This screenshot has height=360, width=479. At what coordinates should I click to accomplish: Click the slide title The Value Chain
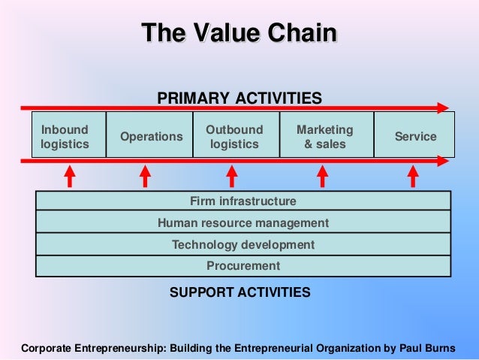pos(239,33)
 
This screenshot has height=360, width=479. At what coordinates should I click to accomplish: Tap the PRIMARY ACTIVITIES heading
pos(239,98)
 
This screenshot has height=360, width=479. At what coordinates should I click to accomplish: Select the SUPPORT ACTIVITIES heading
pos(239,292)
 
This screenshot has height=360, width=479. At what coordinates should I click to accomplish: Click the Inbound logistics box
pos(65,136)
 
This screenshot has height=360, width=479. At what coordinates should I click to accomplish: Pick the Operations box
pos(151,136)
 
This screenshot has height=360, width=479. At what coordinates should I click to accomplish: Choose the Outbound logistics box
pos(235,136)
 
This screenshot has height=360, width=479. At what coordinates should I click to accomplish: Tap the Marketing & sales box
pos(325,136)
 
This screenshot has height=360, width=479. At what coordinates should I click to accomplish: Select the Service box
pos(415,136)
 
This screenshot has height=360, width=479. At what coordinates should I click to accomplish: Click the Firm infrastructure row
pos(243,201)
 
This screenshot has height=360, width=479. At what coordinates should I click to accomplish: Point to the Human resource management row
pos(243,223)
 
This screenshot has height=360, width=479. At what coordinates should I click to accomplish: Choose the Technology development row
pos(243,244)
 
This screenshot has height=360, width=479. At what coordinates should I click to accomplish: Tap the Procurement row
pos(243,265)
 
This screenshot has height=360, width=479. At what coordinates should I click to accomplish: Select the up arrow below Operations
pos(145,176)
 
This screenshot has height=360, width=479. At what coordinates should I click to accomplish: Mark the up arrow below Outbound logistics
pos(232,176)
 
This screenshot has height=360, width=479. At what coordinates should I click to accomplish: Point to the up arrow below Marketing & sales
pos(323,176)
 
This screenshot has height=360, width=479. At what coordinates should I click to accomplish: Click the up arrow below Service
pos(412,176)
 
